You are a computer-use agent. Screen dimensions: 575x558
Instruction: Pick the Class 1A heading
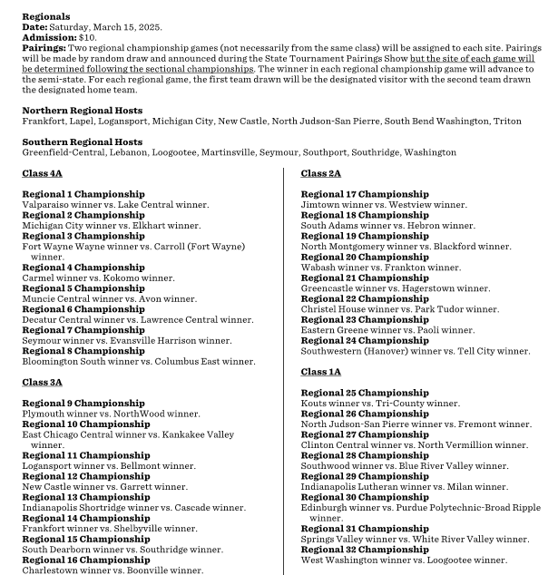coord(320,371)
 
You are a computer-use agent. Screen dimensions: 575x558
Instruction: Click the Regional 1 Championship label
coord(83,194)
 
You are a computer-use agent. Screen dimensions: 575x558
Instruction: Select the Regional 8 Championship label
coord(83,350)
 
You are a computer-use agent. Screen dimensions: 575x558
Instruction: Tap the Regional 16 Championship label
coord(86,560)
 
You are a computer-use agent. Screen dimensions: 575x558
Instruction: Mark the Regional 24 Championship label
coord(365,340)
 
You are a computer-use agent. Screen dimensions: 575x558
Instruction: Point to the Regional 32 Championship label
coord(365,550)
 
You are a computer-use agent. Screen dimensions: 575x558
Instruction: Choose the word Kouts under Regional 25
coord(316,403)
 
